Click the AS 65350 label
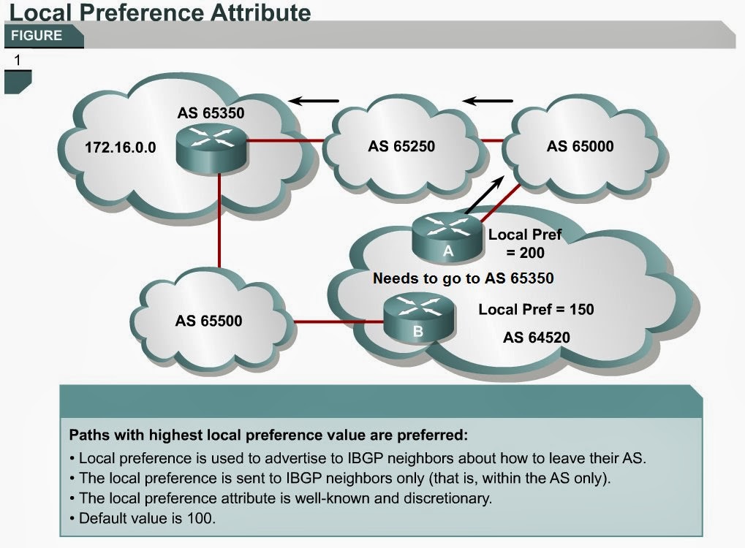211,114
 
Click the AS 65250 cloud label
401,146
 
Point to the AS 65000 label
580,146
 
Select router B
418,317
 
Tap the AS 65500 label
208,320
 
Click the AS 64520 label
536,338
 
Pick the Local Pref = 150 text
536,309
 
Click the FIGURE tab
37,35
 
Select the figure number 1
17,60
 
